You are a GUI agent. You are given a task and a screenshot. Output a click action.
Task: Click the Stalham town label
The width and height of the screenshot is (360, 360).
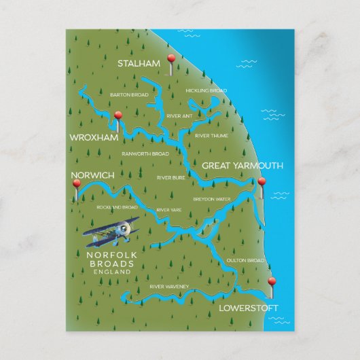click(x=139, y=64)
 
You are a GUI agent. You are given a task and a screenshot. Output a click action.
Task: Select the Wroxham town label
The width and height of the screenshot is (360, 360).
click(x=94, y=137)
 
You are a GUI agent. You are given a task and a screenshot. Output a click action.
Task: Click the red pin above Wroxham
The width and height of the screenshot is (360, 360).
click(x=118, y=116)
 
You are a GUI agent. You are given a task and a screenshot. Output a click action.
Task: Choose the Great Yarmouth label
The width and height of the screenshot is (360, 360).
click(x=242, y=165)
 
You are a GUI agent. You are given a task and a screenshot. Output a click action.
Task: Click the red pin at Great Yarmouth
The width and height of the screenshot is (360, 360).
click(x=262, y=182)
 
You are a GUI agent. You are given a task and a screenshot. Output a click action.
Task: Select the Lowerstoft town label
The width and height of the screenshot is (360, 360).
click(x=249, y=308)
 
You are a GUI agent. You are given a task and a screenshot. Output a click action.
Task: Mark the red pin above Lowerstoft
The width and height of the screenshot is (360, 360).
click(x=272, y=282)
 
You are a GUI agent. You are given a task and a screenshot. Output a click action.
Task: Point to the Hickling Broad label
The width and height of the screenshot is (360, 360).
click(x=206, y=90)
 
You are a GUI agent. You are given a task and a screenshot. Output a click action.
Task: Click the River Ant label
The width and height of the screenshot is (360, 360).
click(x=179, y=116)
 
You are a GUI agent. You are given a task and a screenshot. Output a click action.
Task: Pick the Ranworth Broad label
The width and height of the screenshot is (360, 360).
click(x=145, y=154)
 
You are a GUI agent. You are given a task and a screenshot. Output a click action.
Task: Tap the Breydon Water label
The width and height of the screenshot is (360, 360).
click(x=212, y=199)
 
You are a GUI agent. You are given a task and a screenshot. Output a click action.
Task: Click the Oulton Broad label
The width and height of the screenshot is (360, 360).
click(x=245, y=260)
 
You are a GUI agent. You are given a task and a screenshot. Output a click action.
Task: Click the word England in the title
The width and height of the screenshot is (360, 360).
click(x=113, y=271)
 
